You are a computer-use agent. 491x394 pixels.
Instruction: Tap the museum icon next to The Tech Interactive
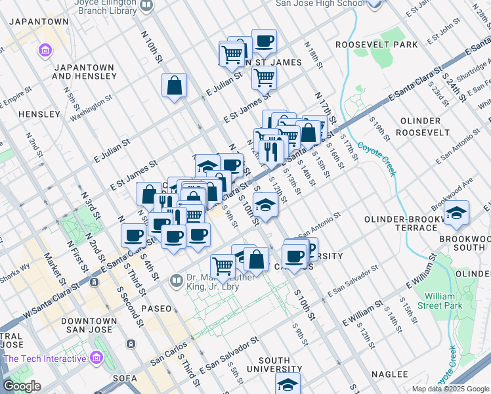point(96,358)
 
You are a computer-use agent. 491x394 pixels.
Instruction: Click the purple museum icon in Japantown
point(45,50)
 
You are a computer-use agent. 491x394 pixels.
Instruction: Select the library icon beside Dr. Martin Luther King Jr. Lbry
point(176,281)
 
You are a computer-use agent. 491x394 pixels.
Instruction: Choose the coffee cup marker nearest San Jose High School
point(264,41)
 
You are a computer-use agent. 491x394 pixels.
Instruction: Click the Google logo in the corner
point(22,386)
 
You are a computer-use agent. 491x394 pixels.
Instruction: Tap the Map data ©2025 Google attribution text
point(450,389)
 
